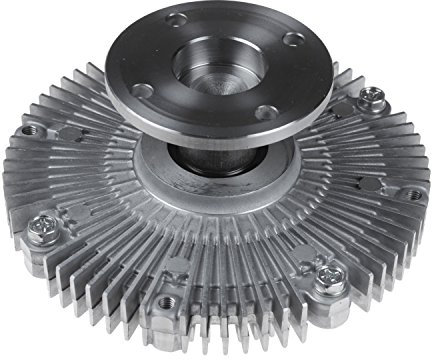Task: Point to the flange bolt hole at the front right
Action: [x=264, y=111]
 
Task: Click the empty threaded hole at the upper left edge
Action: [x=29, y=130]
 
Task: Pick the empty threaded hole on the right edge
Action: [x=411, y=194]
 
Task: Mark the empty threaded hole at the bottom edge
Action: [x=165, y=301]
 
